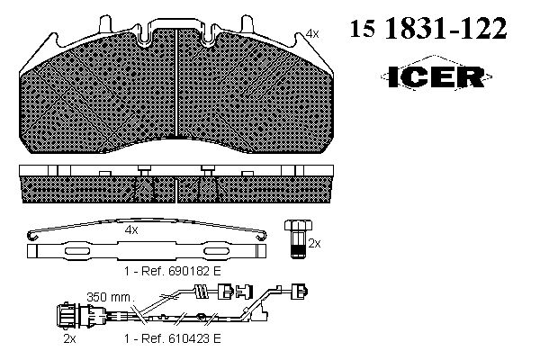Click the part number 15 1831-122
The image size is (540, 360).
click(428, 28)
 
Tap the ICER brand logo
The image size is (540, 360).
click(436, 76)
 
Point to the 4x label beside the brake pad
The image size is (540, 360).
click(312, 34)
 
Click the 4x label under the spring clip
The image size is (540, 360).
click(131, 229)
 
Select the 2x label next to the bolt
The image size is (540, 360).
click(314, 244)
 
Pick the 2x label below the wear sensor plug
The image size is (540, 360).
click(69, 338)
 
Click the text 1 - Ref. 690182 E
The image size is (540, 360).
click(172, 271)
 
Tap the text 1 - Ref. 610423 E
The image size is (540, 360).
click(172, 338)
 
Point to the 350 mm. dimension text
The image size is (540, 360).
click(111, 297)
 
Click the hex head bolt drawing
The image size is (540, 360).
click(298, 238)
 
